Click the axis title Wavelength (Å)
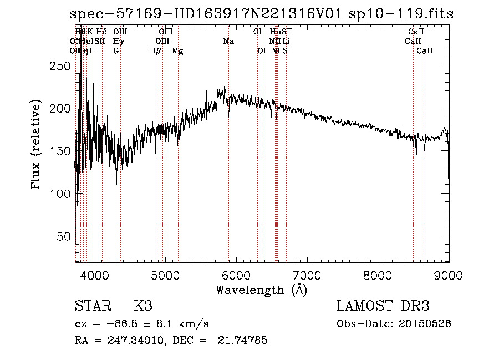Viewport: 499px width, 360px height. [261, 290]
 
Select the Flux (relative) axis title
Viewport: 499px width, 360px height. [37, 145]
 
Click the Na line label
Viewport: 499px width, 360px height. [228, 42]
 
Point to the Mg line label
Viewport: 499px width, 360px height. [177, 51]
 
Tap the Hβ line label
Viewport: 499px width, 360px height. [155, 51]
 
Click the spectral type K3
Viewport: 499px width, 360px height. [143, 306]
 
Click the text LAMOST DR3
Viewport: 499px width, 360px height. [383, 306]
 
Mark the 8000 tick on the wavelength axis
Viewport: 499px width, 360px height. [378, 275]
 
